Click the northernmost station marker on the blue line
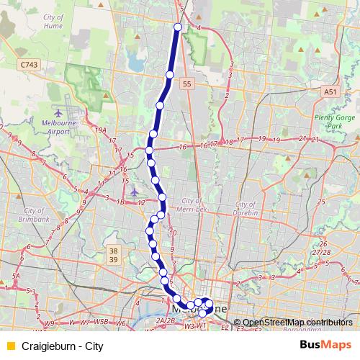click(178, 27)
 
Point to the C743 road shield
click(29, 65)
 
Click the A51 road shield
click(330, 92)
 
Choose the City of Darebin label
click(251, 208)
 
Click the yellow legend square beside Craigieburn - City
click(9, 346)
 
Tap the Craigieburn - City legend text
click(63, 346)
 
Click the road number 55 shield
click(186, 84)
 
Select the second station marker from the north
click(170, 75)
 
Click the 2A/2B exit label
click(166, 320)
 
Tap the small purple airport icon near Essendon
click(135, 192)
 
